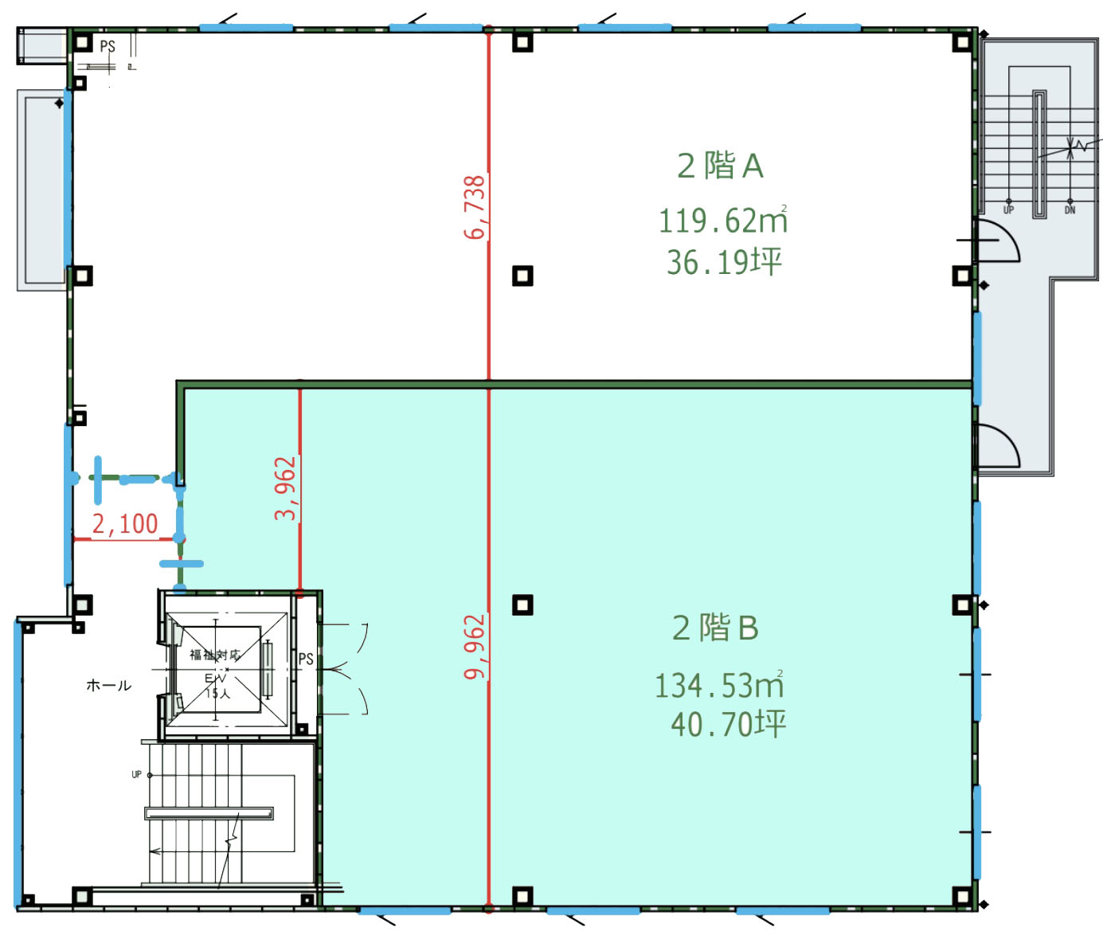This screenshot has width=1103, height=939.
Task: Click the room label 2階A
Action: (x=720, y=166)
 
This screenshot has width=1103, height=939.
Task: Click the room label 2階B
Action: (x=715, y=628)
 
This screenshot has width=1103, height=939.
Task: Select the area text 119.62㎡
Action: (x=722, y=221)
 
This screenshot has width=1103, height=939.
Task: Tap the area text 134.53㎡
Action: (x=719, y=685)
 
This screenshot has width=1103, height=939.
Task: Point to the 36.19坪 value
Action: (x=724, y=262)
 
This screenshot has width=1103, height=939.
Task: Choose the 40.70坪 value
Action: (x=728, y=724)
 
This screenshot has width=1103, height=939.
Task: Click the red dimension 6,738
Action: (x=475, y=207)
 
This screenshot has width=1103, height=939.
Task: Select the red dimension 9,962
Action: (x=475, y=647)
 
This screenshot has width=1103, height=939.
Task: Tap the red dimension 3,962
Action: (x=285, y=488)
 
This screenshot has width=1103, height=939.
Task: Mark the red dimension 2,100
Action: (x=125, y=523)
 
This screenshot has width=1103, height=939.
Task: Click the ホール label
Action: (x=108, y=685)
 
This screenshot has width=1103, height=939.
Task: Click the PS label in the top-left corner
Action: (x=108, y=46)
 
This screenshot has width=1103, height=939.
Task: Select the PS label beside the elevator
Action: (x=306, y=659)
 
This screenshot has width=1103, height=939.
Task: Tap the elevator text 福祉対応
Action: (x=214, y=655)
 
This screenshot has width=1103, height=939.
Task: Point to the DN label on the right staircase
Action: (x=1070, y=210)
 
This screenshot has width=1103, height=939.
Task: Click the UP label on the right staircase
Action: (x=1008, y=210)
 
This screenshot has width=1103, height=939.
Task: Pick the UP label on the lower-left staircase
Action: (x=136, y=774)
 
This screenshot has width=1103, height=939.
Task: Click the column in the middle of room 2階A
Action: (x=522, y=276)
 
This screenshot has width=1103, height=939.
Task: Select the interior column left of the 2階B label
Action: (x=522, y=605)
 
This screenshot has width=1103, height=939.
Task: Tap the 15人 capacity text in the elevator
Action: (x=217, y=693)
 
